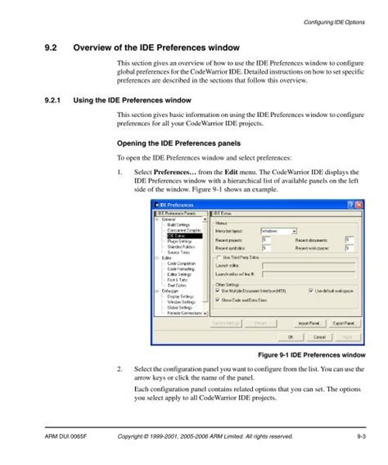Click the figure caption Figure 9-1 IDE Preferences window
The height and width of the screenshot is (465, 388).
coord(305,355)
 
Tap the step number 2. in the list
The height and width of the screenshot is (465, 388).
coord(120,369)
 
